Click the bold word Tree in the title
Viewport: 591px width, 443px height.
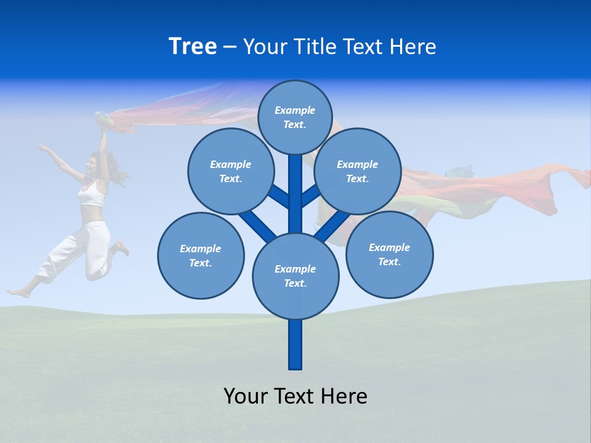(193, 47)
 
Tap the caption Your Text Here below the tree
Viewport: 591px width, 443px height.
(295, 396)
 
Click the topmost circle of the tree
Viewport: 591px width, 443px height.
(295, 117)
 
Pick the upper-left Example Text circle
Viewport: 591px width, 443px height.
(231, 172)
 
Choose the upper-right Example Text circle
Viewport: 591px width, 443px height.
(358, 172)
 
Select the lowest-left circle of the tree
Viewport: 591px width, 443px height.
(201, 256)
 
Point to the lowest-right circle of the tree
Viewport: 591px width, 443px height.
(389, 255)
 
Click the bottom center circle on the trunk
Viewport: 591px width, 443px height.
(295, 276)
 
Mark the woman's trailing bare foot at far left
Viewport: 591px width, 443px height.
(17, 292)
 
